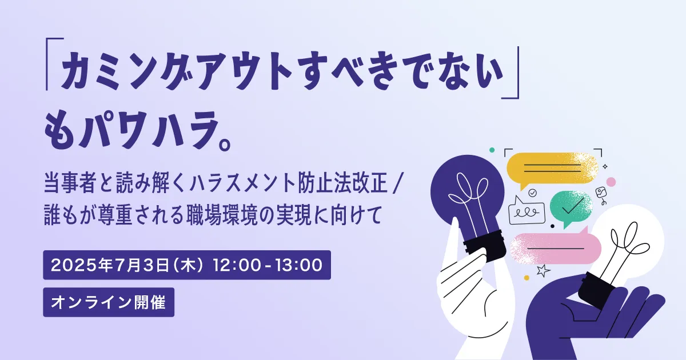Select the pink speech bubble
[555, 248]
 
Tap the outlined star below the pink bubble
[543, 271]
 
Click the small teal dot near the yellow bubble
[492, 150]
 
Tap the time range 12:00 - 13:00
[268, 265]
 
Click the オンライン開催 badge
[109, 302]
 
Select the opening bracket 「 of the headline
[54, 64]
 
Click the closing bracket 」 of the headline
[510, 73]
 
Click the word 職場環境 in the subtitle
[221, 215]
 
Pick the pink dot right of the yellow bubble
[611, 182]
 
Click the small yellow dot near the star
[527, 278]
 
